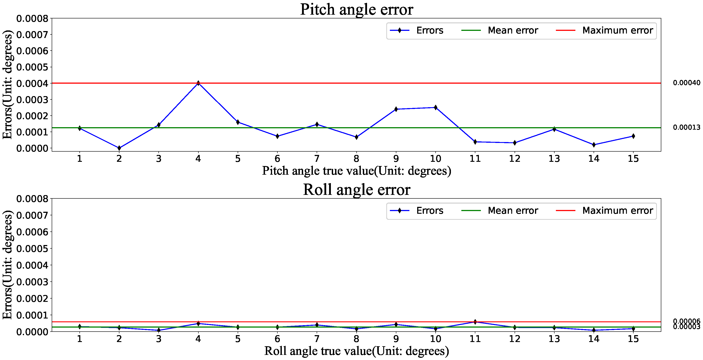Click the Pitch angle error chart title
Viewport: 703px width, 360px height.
(356, 9)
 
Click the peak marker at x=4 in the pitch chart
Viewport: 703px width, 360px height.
(198, 83)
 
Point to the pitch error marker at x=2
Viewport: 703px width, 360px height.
(119, 148)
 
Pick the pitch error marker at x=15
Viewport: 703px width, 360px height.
(633, 136)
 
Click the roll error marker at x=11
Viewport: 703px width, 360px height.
(475, 322)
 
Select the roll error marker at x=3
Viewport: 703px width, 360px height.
(159, 330)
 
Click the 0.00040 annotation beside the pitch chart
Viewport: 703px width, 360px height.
(686, 83)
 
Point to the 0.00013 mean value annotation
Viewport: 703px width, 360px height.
(686, 127)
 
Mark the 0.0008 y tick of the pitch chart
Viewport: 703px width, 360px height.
(32, 19)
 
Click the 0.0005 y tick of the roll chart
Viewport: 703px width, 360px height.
(32, 249)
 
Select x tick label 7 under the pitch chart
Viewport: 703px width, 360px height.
(317, 158)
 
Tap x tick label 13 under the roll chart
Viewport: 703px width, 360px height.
(554, 339)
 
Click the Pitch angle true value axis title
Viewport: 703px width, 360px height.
(356, 171)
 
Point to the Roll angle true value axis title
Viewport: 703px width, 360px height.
(356, 351)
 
